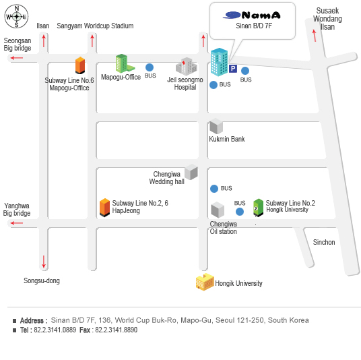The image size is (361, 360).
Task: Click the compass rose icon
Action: [16, 16]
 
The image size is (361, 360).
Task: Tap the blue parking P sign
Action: [233, 69]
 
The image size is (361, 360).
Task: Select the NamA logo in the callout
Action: [252, 16]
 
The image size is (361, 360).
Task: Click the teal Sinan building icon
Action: [220, 62]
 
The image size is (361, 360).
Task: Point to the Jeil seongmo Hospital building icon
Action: [187, 66]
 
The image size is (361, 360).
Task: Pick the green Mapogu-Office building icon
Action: [125, 63]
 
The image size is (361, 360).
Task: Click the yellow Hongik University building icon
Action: [205, 282]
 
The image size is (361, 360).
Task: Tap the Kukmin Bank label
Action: [227, 139]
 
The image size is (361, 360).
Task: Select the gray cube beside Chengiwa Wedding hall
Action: [191, 172]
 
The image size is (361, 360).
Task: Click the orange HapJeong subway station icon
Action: [104, 208]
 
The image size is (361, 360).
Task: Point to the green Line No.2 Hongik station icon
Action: [258, 208]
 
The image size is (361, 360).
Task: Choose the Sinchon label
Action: [324, 242]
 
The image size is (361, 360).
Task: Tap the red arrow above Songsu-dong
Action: [44, 262]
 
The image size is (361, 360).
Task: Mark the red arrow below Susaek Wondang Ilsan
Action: [315, 36]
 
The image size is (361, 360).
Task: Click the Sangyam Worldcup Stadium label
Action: [95, 26]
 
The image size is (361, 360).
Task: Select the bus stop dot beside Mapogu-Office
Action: [150, 67]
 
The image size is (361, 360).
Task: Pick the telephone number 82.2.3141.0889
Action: [55, 330]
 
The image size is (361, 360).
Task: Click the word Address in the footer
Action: [32, 321]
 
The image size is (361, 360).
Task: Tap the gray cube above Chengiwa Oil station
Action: [218, 210]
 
